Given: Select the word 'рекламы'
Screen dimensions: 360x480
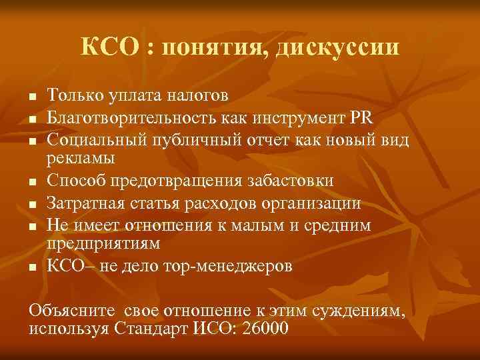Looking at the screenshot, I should pos(80,159).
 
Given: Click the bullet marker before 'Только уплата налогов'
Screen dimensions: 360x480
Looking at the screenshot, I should pos(31,97).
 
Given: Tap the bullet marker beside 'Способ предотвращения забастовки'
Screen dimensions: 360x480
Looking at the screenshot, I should pos(31,182).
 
